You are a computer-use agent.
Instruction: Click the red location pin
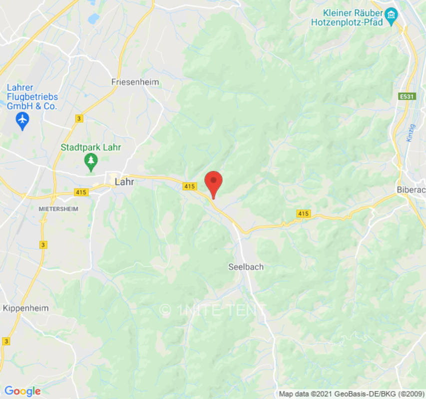(214, 183)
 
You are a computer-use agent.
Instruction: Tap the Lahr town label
(124, 182)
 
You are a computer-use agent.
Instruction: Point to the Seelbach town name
(246, 267)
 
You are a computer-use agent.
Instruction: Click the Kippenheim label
(26, 308)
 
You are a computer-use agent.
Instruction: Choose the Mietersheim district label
(58, 209)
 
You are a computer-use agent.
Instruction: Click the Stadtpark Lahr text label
(91, 148)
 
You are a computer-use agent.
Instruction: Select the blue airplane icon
(22, 120)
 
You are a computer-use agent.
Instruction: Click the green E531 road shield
(408, 97)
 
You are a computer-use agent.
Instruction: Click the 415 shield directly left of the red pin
(189, 186)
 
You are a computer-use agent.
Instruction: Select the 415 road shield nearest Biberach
(303, 213)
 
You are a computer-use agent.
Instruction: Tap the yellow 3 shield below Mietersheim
(43, 244)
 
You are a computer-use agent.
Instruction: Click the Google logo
(22, 391)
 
